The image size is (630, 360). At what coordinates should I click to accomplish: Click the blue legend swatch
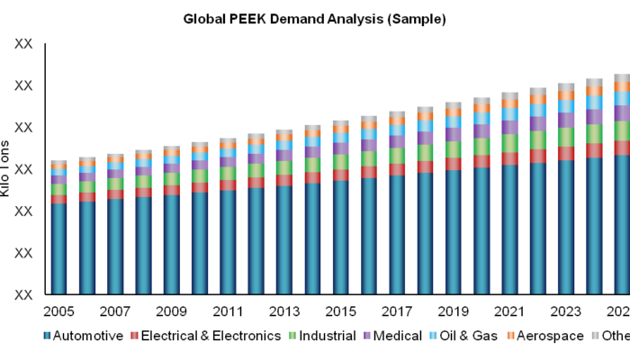(x=47, y=335)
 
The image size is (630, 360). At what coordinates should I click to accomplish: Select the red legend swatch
(x=134, y=335)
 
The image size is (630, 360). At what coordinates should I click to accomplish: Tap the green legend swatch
(x=292, y=335)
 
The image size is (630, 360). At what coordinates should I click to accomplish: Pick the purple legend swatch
(x=367, y=335)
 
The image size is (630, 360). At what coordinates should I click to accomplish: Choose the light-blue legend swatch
(x=433, y=335)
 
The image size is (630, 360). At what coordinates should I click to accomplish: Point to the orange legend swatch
(x=510, y=335)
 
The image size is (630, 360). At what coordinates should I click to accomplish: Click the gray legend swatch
(x=595, y=335)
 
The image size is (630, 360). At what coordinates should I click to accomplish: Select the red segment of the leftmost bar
(x=58, y=199)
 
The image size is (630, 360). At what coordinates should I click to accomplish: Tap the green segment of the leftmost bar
(x=58, y=189)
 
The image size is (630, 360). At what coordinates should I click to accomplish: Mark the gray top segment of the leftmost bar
(x=58, y=163)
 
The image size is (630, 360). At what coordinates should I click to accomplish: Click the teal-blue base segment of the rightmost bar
(x=622, y=225)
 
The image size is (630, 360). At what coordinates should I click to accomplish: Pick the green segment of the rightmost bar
(x=622, y=130)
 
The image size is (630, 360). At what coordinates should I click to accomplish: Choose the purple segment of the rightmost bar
(x=622, y=113)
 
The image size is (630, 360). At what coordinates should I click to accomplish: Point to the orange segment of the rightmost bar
(x=622, y=87)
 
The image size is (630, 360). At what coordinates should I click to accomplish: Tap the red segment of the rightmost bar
(x=622, y=148)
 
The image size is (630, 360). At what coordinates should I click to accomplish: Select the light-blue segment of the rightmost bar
(x=622, y=99)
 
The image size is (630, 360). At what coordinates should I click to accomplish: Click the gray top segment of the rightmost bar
(x=622, y=78)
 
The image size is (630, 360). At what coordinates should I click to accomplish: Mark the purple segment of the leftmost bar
(x=58, y=179)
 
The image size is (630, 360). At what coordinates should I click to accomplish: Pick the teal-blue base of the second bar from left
(x=87, y=247)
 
